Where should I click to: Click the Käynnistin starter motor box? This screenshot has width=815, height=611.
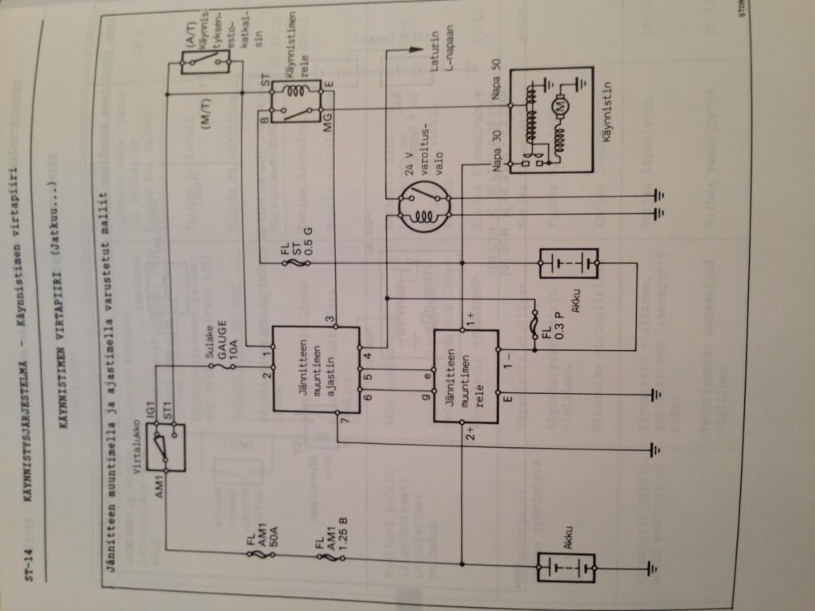(551, 119)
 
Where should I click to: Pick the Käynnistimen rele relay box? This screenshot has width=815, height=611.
(295, 101)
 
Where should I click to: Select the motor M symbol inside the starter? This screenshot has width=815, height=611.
(559, 106)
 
